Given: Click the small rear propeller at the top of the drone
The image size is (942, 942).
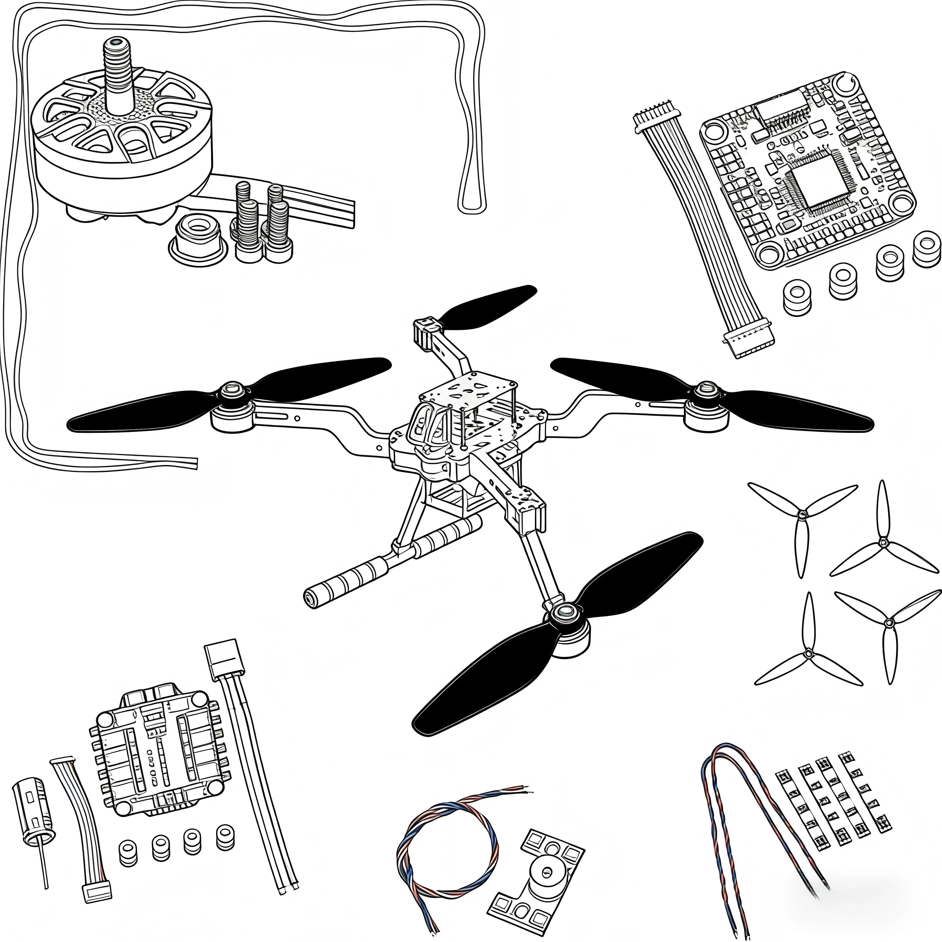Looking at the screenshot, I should [488, 307].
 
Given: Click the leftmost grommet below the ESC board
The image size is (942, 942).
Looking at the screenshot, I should [128, 853].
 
